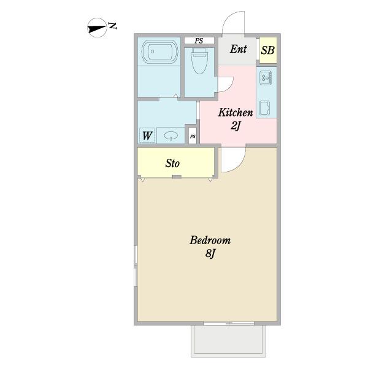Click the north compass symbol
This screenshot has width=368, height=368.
point(97,28)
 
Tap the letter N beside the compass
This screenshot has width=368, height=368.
point(113,26)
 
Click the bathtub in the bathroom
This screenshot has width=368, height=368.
point(159,52)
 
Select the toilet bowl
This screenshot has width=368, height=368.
point(199,61)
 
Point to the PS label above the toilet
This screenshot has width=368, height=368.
point(199,40)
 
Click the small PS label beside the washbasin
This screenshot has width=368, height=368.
point(193,136)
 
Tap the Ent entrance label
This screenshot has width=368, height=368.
point(238,49)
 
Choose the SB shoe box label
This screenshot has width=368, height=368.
point(268,50)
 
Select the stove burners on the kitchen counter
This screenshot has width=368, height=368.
point(266,78)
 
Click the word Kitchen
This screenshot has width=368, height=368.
point(236,112)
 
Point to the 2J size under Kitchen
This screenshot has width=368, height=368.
point(236,126)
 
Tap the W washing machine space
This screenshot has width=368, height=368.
point(147,136)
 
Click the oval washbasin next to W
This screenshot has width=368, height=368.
point(171,136)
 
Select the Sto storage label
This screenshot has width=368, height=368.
point(172,163)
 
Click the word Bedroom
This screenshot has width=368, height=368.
point(210,240)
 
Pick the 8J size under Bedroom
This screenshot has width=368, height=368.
point(210,253)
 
